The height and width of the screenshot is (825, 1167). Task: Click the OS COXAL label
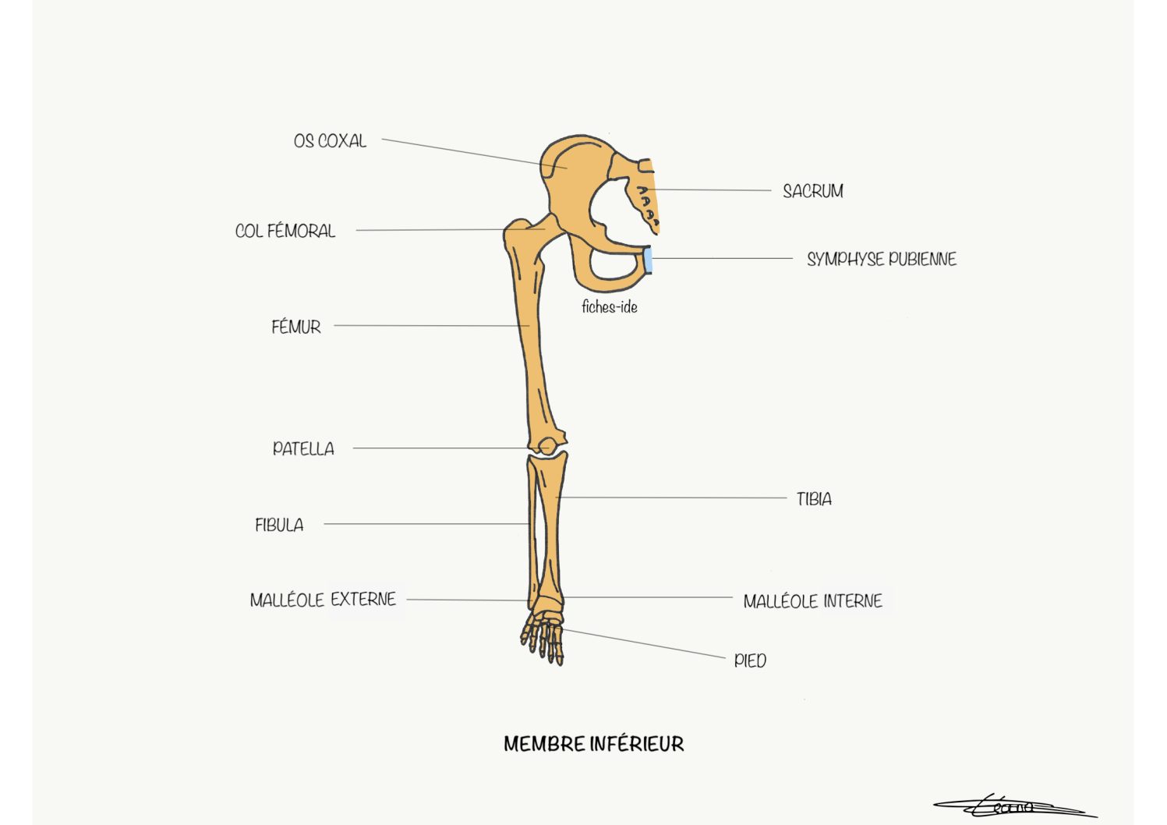(330, 140)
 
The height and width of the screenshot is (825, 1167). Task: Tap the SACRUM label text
(813, 191)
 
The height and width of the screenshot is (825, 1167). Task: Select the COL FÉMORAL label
(285, 230)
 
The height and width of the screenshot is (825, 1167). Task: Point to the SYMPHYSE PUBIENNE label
(882, 259)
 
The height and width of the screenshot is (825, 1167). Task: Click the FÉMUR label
(296, 327)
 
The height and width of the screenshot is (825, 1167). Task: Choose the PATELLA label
(303, 448)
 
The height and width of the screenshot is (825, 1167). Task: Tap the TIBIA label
(814, 499)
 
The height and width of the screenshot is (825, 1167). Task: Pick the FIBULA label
(279, 525)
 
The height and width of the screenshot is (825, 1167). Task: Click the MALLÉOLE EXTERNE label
(323, 600)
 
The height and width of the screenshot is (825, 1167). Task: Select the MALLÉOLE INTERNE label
(813, 601)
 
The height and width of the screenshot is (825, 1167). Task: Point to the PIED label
(750, 660)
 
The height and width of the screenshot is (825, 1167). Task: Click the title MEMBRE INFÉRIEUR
(594, 744)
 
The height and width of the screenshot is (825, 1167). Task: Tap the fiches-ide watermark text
(610, 307)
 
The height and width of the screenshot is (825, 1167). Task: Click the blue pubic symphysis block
(648, 260)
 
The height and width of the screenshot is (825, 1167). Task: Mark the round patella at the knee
(546, 447)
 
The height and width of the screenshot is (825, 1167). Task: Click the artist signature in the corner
(1015, 807)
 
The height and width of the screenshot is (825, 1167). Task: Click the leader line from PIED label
(644, 643)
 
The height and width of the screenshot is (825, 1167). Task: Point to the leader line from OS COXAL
(474, 154)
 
